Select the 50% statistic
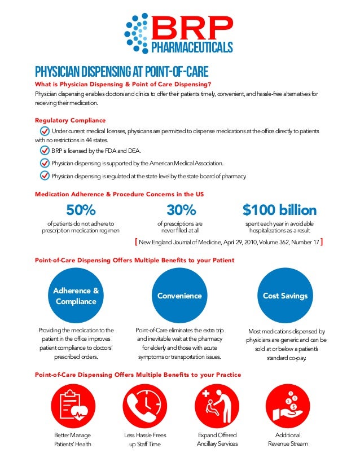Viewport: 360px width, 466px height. coord(81,210)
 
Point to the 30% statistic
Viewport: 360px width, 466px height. coord(182,210)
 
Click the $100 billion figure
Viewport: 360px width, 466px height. coord(279,210)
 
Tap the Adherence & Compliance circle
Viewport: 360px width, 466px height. coord(76,296)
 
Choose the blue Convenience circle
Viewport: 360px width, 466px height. coord(179,296)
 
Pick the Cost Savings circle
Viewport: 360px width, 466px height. coord(285,296)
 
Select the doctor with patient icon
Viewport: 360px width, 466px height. coord(217,408)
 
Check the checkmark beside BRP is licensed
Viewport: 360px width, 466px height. coord(45,151)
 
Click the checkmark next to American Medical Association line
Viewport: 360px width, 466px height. coord(45,163)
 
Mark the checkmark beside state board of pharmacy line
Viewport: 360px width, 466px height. coord(45,175)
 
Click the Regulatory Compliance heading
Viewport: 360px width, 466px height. coord(70,120)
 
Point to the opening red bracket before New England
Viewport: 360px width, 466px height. coord(136,242)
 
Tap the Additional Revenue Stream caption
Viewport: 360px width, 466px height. coord(288,439)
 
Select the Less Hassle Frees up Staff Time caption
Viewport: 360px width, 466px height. coord(145,439)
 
